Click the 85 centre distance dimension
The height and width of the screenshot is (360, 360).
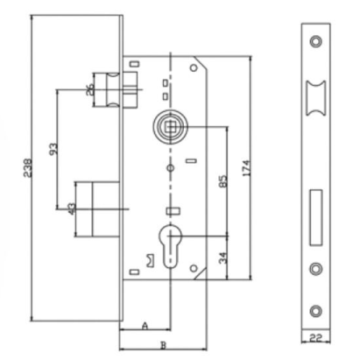(x=222, y=182)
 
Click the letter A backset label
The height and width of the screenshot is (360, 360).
(x=143, y=325)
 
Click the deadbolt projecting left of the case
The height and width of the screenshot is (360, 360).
(x=97, y=208)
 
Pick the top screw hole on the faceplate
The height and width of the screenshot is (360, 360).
(x=315, y=41)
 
